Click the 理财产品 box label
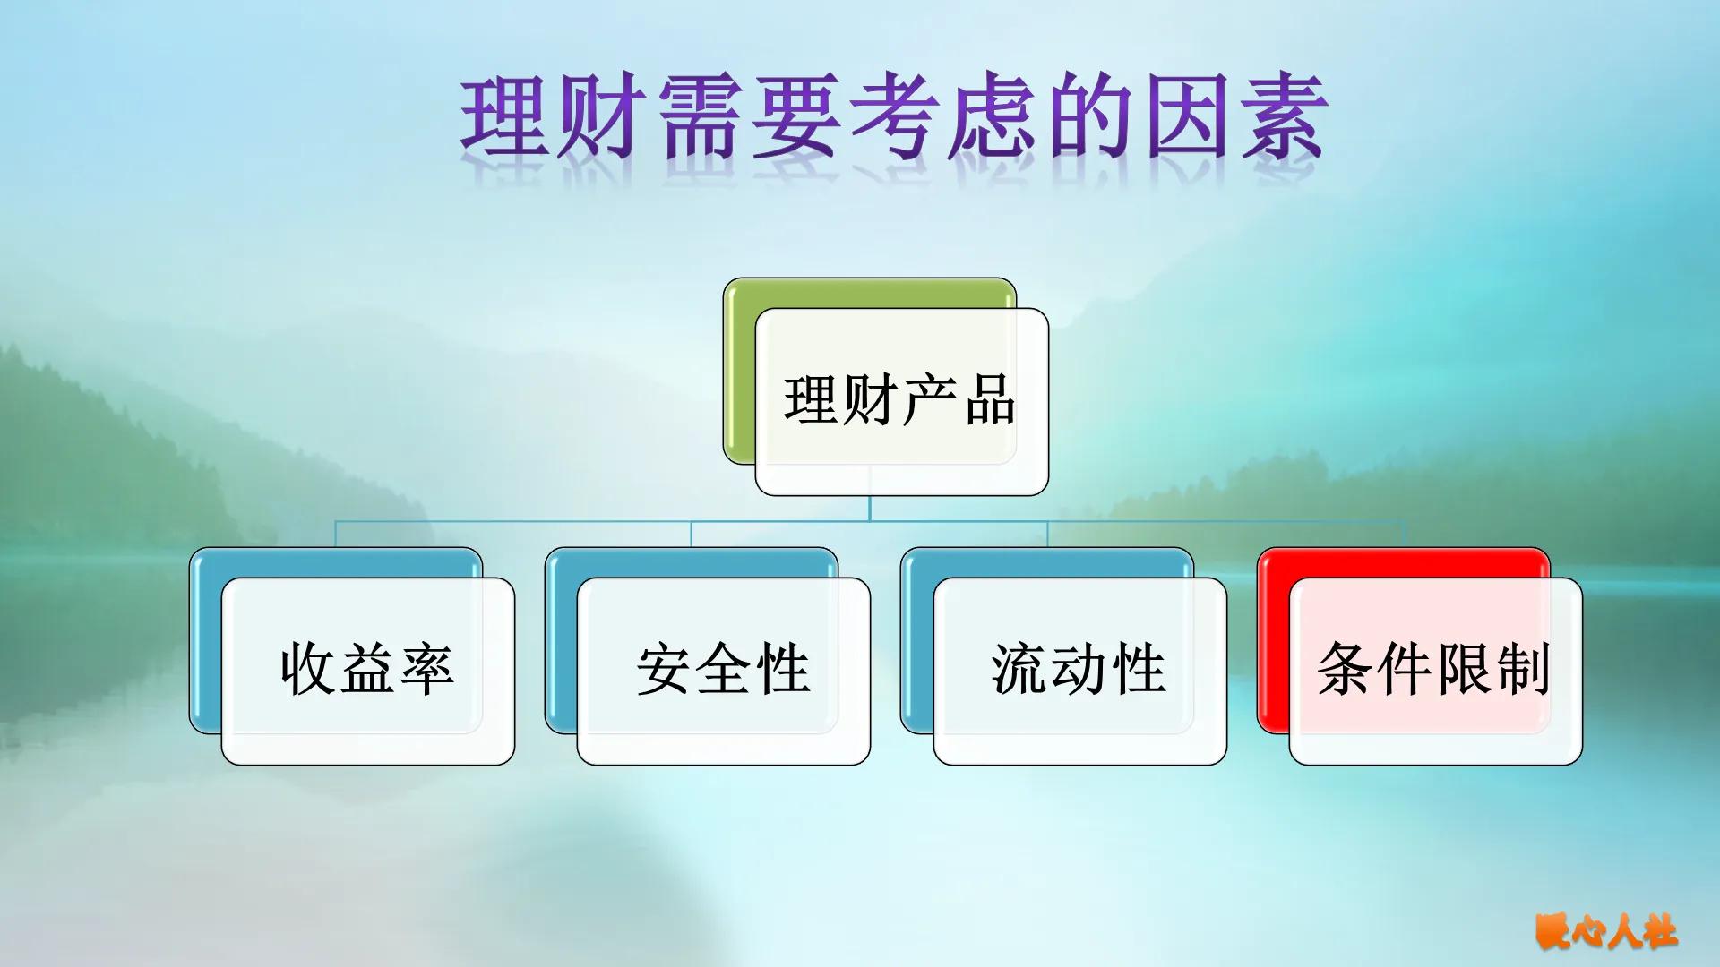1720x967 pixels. click(899, 400)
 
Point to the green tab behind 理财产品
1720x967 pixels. click(739, 376)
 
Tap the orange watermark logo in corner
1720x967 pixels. click(1605, 931)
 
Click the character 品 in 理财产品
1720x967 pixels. click(989, 400)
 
